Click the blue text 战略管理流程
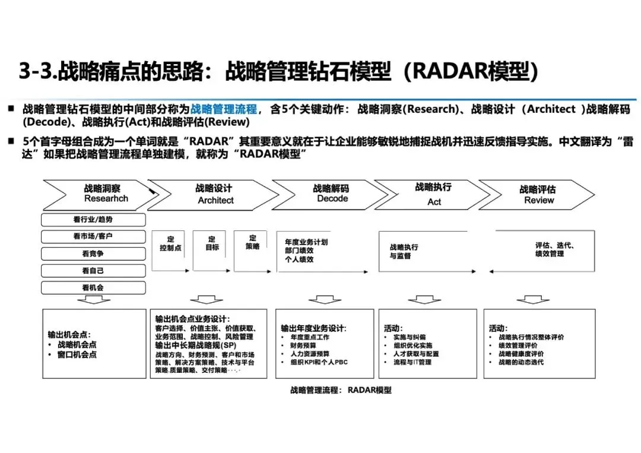224,109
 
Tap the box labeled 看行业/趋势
94,220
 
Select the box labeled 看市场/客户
94,236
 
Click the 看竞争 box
94,254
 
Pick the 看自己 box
94,271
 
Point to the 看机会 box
94,287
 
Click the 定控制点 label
170,244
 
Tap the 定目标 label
212,243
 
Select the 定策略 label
252,243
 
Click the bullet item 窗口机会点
77,354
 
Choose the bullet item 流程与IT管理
412,362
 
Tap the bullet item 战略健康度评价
521,353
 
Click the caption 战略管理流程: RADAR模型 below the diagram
341,390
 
